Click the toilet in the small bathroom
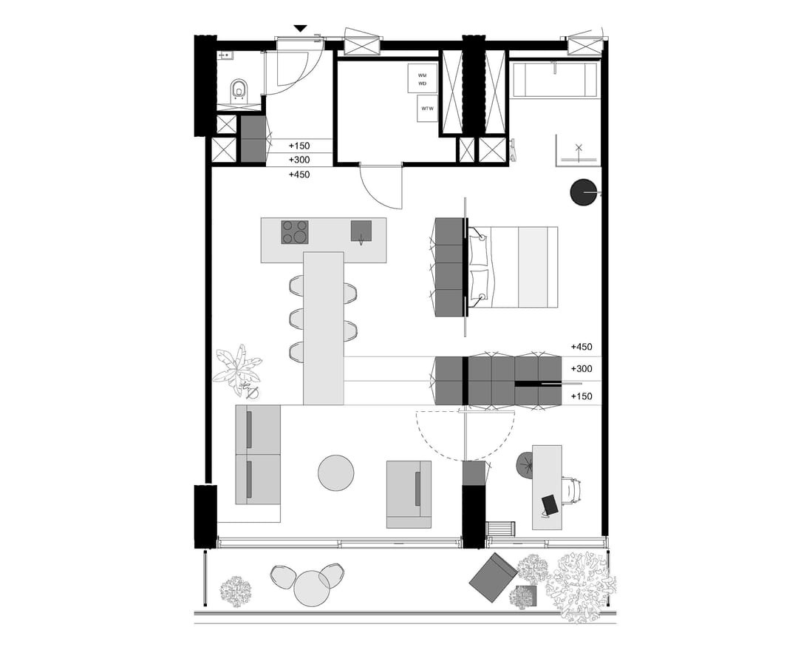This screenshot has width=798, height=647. click(x=238, y=89)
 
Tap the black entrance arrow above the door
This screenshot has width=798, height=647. click(x=300, y=28)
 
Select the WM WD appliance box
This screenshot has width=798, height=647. click(x=423, y=78)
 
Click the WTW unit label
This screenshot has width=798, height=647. click(x=428, y=109)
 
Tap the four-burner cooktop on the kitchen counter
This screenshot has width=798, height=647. click(x=294, y=232)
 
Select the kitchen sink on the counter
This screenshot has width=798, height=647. click(x=361, y=231)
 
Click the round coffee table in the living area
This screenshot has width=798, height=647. click(x=336, y=472)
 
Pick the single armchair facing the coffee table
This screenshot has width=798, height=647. click(x=409, y=493)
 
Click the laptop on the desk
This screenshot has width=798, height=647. click(x=550, y=504)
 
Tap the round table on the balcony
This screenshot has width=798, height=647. click(x=311, y=588)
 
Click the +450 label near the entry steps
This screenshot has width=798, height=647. click(x=299, y=175)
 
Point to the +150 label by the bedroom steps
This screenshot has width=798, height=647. click(x=582, y=396)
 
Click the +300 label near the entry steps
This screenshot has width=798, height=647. click(x=299, y=160)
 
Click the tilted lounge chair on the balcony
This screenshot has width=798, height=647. click(x=491, y=577)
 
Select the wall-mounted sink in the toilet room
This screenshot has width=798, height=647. click(x=225, y=55)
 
